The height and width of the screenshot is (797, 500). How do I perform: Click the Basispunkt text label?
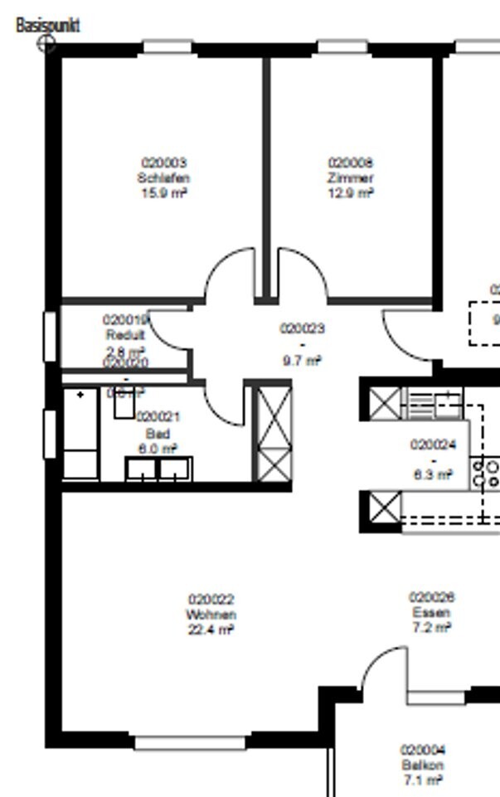tap(48, 26)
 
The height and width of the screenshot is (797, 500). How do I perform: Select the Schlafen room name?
tap(164, 177)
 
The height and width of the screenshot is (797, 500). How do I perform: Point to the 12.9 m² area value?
tap(351, 192)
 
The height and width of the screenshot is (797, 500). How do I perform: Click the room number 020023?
tap(302, 328)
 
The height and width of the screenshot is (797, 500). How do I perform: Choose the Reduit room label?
tap(125, 335)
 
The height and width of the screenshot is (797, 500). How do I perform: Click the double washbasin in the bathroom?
tap(158, 469)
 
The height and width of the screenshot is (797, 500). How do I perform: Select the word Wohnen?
tap(211, 615)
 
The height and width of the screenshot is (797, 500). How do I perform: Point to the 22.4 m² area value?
tap(211, 629)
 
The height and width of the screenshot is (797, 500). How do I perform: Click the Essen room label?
tap(431, 613)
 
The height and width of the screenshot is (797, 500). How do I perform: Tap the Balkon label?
tap(423, 765)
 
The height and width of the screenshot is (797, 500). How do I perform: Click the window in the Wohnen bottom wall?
tap(190, 742)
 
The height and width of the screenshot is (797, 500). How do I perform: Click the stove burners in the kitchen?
tap(487, 473)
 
